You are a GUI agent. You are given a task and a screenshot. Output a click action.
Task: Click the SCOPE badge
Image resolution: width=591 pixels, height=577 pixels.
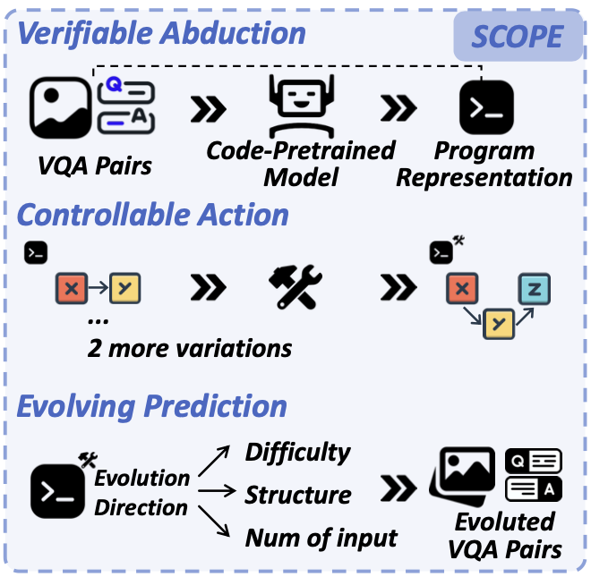click(x=518, y=36)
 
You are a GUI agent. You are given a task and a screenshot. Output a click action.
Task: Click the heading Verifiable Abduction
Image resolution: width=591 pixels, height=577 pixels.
click(x=161, y=33)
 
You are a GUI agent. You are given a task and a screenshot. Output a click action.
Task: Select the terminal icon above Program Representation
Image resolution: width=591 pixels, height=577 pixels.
click(x=485, y=107)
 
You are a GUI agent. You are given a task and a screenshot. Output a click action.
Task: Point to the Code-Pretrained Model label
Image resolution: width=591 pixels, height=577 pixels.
click(x=301, y=163)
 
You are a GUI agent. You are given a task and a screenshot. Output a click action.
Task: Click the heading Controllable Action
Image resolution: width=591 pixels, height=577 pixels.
click(x=153, y=215)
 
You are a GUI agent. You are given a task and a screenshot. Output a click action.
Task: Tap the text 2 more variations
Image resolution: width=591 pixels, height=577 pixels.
click(x=189, y=347)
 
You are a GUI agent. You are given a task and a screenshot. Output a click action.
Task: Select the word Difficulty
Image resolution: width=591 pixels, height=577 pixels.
click(x=298, y=452)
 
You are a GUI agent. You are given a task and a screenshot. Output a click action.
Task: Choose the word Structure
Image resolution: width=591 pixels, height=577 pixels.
click(x=298, y=494)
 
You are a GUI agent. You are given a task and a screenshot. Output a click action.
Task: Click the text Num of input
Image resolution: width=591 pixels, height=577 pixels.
click(x=321, y=537)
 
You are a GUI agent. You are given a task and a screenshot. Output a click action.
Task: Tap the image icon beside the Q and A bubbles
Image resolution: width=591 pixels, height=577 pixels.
click(x=61, y=106)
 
